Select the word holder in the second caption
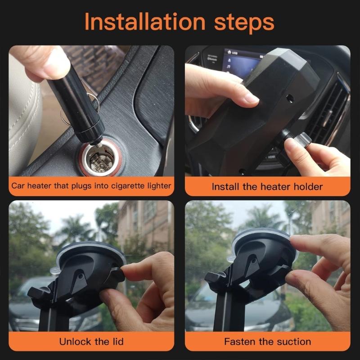[x=306, y=186]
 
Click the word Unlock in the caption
[x=75, y=342]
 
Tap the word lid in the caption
[x=115, y=342]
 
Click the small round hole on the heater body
[x=289, y=97]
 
